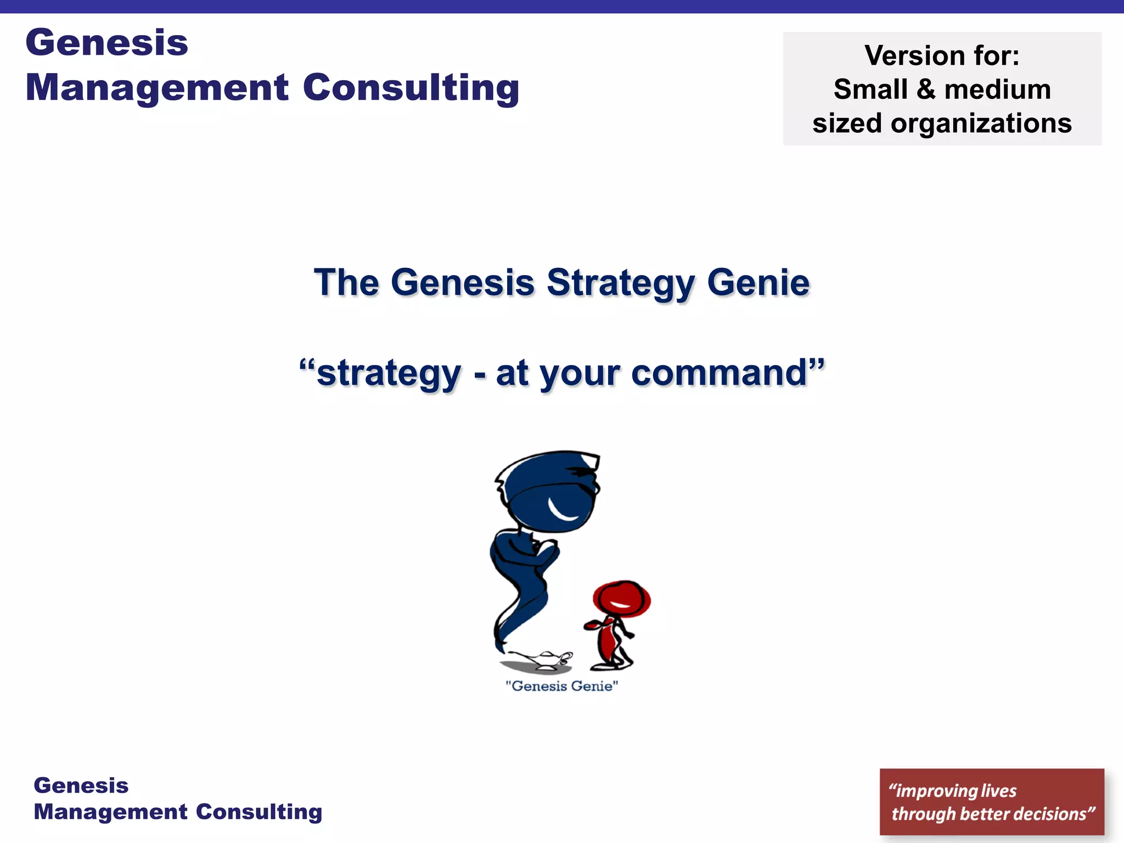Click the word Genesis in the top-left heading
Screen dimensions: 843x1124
[x=106, y=43]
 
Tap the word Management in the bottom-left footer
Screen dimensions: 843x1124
[x=111, y=812]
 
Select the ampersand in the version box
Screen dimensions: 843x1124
[x=926, y=89]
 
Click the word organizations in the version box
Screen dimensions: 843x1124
[x=981, y=123]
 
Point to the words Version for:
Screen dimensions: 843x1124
[x=942, y=55]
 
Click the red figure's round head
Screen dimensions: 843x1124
[x=621, y=599]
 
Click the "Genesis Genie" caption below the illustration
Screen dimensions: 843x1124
[x=561, y=686]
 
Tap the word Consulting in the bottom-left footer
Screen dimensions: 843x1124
[x=259, y=812]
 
